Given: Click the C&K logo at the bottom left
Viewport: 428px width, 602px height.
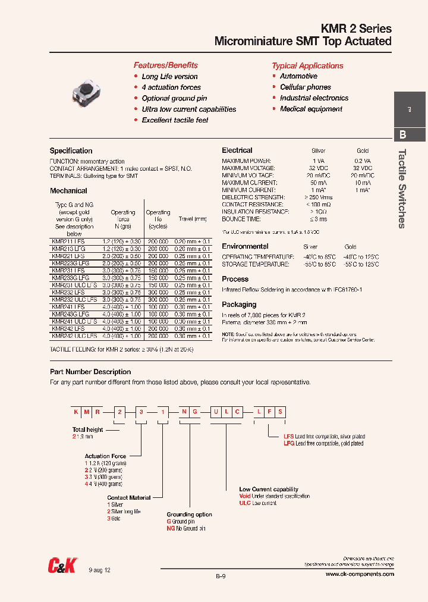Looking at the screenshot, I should pos(63,567).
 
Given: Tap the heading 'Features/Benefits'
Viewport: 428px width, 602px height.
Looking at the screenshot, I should pos(165,65).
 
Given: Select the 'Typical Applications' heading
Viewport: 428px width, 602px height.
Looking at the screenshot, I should pos(307,66).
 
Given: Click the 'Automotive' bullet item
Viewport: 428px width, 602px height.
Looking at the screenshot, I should pos(298,76).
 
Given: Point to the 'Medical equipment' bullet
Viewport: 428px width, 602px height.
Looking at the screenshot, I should pos(311,109).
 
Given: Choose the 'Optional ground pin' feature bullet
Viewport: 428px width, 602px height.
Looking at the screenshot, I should pos(174,98).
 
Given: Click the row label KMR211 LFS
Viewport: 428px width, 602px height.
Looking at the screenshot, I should pos(68,241).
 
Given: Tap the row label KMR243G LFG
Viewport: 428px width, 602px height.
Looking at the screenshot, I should pos(71,314).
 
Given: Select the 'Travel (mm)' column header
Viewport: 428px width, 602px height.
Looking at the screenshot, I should pos(193,219).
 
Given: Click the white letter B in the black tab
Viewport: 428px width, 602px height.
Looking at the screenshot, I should pos(402,134).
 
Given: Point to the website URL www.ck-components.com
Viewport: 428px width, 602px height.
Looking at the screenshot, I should pos(360,574).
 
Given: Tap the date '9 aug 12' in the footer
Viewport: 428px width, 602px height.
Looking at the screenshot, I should pos(100,570).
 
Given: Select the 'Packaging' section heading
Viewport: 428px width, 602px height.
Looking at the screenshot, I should pos(239,305).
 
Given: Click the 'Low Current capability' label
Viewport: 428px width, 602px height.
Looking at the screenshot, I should pos(269,489).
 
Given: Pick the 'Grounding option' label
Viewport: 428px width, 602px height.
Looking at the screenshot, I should pos(189,515).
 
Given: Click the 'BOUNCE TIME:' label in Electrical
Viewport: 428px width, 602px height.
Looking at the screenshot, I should pos(241,219).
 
